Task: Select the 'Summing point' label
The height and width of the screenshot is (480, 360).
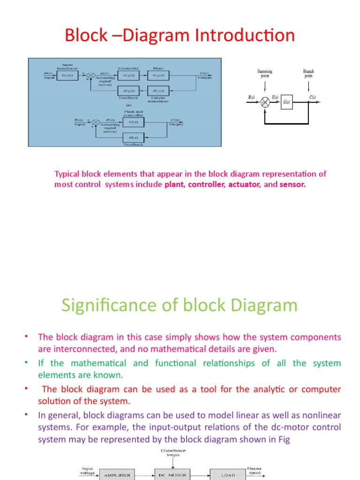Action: (x=265, y=75)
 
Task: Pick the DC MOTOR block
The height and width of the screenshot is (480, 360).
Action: (x=172, y=475)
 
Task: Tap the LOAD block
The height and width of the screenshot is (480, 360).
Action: (x=227, y=475)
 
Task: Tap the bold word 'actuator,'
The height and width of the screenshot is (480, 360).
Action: (x=244, y=184)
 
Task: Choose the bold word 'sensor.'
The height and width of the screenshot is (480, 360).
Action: (x=292, y=184)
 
